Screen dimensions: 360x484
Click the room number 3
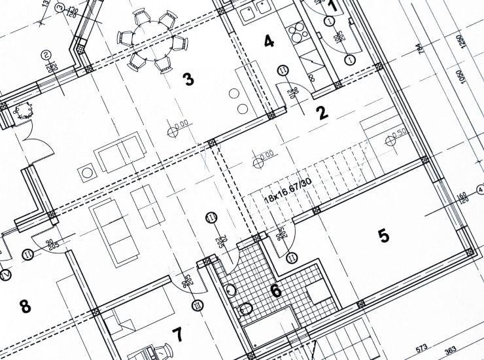(188, 80)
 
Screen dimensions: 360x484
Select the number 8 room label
(25, 306)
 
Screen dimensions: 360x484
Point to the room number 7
(177, 334)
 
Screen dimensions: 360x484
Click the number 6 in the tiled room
(276, 290)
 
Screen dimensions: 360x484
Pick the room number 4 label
(268, 42)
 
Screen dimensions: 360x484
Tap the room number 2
(322, 113)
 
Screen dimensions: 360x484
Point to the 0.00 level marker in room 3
(177, 125)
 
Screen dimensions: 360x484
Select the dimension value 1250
(461, 39)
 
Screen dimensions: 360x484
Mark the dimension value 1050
(462, 77)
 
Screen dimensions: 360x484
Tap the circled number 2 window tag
(46, 55)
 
